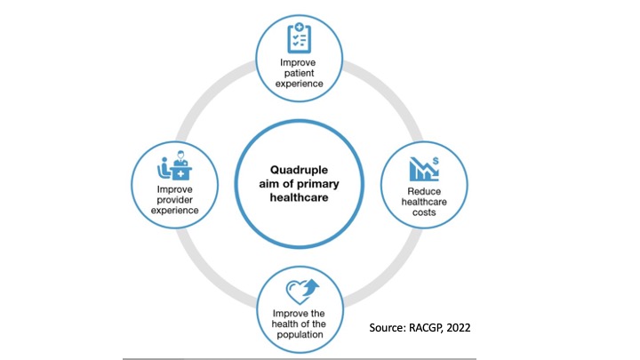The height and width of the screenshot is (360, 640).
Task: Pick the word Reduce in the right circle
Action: [x=422, y=189]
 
